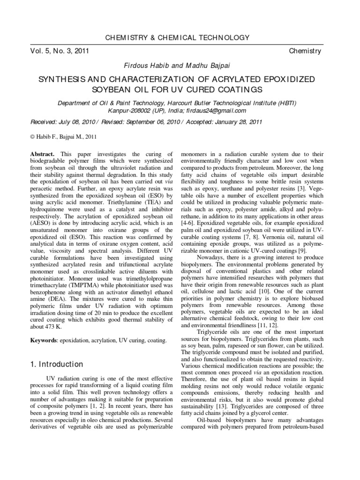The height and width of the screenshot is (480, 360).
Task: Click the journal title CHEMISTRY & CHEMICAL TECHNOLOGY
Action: [180, 37]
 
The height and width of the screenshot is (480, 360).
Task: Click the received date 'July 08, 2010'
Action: [80, 122]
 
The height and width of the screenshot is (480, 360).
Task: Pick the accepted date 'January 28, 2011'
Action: [239, 122]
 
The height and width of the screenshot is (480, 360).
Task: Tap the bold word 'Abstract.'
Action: [43, 154]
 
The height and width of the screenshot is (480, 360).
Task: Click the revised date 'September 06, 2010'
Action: [153, 122]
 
